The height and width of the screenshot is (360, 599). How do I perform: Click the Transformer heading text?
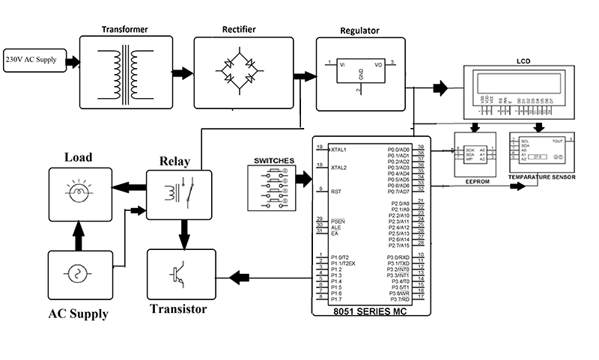click(124, 29)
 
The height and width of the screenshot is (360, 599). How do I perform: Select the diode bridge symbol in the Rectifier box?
click(240, 73)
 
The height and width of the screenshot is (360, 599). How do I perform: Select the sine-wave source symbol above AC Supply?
click(77, 273)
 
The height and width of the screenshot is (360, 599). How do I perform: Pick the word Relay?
click(174, 161)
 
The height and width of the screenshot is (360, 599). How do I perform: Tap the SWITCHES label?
click(274, 160)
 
